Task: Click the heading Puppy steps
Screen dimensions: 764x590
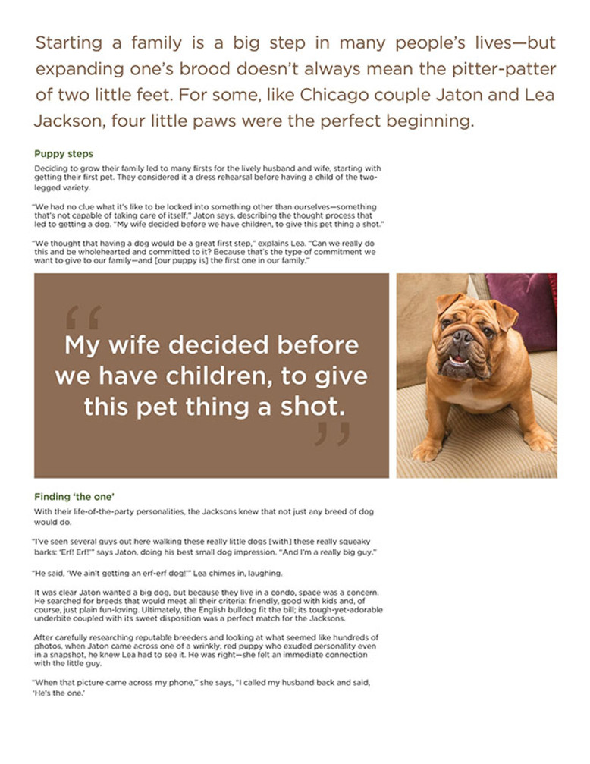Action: click(x=64, y=154)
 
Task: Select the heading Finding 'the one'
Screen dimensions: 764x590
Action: click(x=74, y=497)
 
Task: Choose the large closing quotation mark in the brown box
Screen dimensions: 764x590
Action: click(x=333, y=435)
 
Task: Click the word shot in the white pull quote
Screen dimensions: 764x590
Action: click(x=309, y=407)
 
